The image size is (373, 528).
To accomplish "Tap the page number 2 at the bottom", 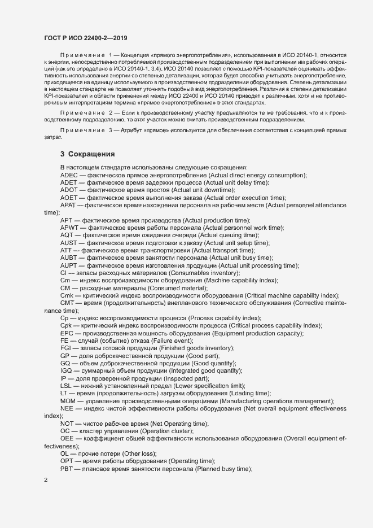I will [46, 481].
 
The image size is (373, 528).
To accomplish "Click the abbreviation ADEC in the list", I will [69, 176].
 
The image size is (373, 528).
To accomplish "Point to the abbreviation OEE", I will [68, 438].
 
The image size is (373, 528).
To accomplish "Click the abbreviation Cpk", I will [67, 326].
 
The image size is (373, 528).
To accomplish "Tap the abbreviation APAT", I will [69, 206].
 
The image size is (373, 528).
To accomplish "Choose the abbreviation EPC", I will [67, 333].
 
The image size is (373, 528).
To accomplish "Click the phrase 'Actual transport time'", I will [223, 250].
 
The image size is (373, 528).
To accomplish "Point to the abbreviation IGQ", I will [67, 370].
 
